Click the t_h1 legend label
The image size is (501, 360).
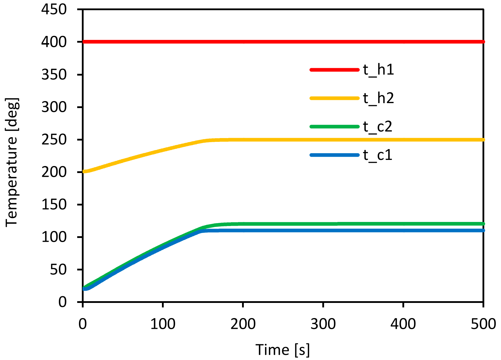click(378, 70)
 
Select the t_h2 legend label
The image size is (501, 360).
click(378, 98)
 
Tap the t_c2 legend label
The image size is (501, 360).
click(377, 127)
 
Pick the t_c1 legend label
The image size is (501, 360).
click(377, 155)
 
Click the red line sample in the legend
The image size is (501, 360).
click(334, 70)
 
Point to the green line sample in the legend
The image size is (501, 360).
click(334, 126)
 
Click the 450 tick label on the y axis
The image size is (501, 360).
click(54, 9)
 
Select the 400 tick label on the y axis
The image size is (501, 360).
click(54, 42)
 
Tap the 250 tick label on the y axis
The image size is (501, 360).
click(54, 140)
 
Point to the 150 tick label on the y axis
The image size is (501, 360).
click(54, 205)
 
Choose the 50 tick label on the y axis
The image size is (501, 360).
click(58, 270)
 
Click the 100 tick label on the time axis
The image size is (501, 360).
click(163, 324)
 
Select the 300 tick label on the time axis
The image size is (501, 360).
click(323, 324)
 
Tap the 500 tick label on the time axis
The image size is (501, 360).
click(483, 324)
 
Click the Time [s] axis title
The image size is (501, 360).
click(283, 350)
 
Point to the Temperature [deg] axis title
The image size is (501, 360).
click(12, 162)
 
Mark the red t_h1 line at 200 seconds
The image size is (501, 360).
click(243, 42)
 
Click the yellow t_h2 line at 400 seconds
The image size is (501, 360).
click(403, 140)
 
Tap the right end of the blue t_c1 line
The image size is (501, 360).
click(483, 230)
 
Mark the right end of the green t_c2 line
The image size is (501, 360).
click(483, 224)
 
